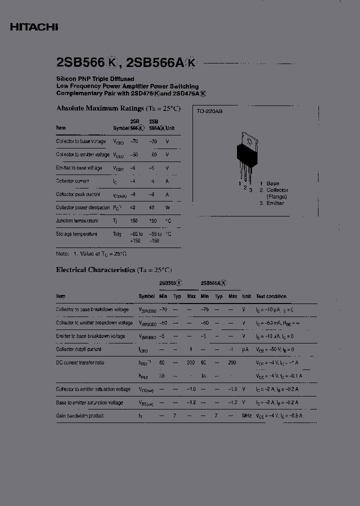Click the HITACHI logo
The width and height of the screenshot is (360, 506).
click(x=34, y=27)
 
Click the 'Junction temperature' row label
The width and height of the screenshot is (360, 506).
click(x=77, y=220)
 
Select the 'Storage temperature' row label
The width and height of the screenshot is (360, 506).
click(x=76, y=233)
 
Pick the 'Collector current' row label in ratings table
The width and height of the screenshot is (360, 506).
click(x=72, y=181)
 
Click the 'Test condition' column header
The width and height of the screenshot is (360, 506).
click(x=271, y=296)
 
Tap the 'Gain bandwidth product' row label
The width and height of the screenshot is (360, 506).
click(x=80, y=415)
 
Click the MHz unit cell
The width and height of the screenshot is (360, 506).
click(x=246, y=415)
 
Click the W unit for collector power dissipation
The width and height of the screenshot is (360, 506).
click(x=167, y=207)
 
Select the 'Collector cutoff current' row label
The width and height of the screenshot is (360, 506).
click(x=78, y=349)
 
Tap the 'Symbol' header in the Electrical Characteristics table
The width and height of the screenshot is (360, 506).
click(x=146, y=296)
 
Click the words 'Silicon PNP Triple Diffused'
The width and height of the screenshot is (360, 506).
click(x=95, y=79)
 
